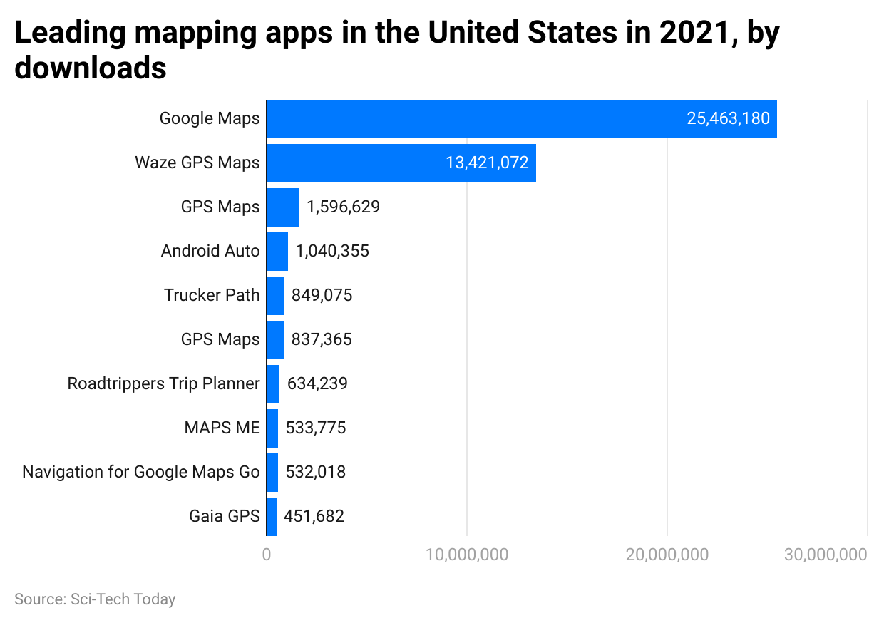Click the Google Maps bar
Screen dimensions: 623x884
(x=521, y=119)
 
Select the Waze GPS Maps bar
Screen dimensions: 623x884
(x=401, y=163)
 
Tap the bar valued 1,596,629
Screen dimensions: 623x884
(x=283, y=207)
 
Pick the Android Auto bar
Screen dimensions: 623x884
(x=277, y=252)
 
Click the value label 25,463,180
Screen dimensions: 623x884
(x=728, y=119)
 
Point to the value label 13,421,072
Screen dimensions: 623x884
(x=487, y=163)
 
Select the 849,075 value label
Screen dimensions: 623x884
(x=322, y=295)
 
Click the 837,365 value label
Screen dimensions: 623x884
(x=322, y=339)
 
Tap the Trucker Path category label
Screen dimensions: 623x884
(x=212, y=295)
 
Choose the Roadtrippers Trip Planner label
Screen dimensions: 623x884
(x=163, y=383)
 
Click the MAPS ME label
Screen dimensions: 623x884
(x=222, y=428)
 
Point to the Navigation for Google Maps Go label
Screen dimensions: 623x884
(x=141, y=472)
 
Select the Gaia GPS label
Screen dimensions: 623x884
(x=225, y=516)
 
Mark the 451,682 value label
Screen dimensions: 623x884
(x=314, y=516)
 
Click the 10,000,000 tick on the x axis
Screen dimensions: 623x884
(x=467, y=555)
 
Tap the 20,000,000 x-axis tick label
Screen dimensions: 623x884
(x=667, y=555)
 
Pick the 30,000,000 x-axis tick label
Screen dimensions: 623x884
(x=826, y=555)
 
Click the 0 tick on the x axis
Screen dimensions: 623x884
(x=267, y=555)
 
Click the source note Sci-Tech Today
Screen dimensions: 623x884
(x=95, y=599)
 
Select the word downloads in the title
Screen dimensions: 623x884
(x=91, y=69)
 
